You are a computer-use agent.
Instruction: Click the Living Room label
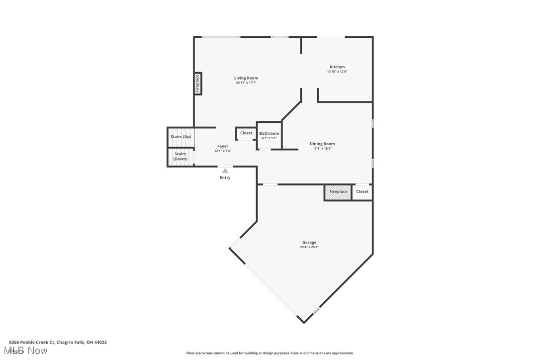[246, 78]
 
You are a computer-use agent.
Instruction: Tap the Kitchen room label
[337, 67]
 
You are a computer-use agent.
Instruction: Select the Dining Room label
[322, 144]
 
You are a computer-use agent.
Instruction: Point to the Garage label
[309, 242]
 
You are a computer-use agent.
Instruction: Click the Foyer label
[223, 146]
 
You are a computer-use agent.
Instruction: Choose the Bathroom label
[269, 133]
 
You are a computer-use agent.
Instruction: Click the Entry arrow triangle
[225, 171]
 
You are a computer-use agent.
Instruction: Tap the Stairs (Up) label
[180, 137]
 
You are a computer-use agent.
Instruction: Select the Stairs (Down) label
[180, 156]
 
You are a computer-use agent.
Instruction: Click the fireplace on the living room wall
[197, 83]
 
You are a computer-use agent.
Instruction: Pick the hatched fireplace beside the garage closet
[338, 192]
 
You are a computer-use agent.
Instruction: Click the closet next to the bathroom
[246, 133]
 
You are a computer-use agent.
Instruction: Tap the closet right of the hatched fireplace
[362, 192]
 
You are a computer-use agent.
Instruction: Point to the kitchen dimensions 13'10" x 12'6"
[337, 72]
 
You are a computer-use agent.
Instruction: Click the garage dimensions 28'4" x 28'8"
[309, 247]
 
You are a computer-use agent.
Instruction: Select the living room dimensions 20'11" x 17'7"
[246, 83]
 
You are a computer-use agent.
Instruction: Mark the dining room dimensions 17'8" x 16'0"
[322, 149]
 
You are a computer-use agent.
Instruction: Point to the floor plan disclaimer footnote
[270, 353]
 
